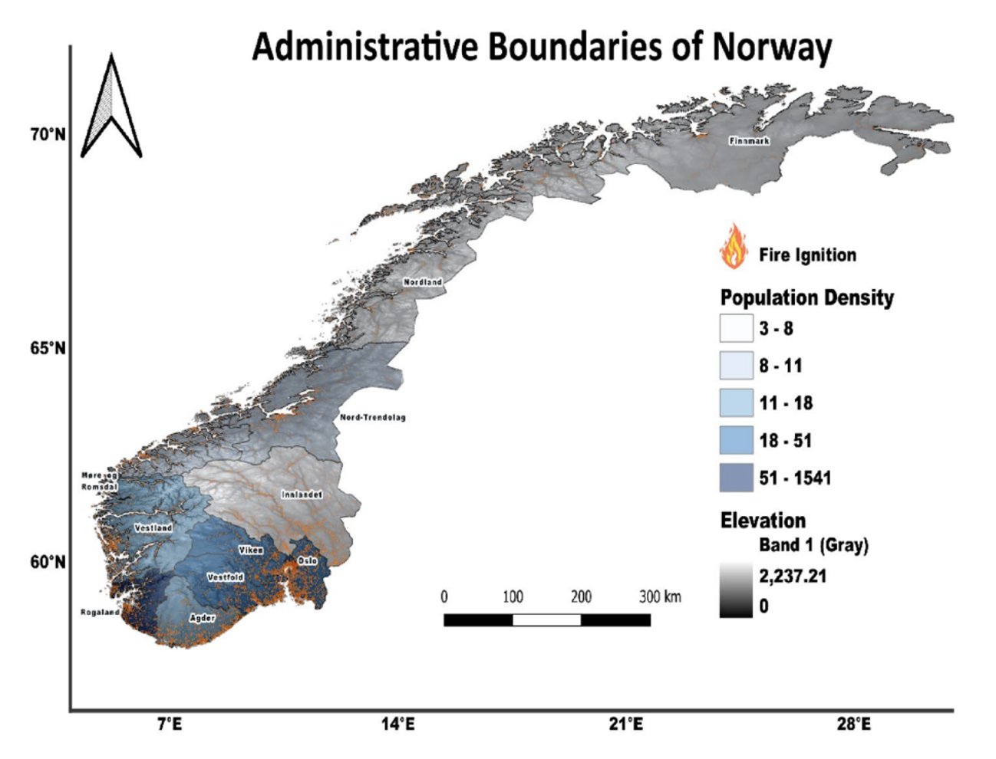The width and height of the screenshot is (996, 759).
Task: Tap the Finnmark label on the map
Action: (749, 141)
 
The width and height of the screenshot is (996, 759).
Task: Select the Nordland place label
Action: (423, 282)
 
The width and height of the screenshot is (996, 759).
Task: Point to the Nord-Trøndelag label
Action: (373, 418)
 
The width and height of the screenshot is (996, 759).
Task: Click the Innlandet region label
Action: (302, 495)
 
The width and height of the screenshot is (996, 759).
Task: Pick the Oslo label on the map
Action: (307, 561)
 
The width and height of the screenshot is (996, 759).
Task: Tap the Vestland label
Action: (153, 527)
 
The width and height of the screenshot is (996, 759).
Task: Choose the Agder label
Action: (203, 618)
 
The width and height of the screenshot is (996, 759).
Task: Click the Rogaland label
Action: (100, 613)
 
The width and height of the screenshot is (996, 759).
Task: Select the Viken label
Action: (251, 550)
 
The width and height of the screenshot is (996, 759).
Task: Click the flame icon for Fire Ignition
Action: (734, 247)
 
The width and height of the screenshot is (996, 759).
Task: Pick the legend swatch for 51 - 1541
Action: (736, 478)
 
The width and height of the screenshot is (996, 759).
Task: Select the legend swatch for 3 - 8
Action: (736, 328)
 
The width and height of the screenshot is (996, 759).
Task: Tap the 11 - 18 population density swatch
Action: (736, 402)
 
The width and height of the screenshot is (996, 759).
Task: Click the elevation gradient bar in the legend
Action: (736, 590)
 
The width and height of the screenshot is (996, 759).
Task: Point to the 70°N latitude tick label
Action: (48, 135)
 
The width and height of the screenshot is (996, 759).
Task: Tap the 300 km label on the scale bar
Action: (660, 596)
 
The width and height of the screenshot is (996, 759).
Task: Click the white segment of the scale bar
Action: (546, 619)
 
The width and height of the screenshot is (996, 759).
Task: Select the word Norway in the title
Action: (772, 47)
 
